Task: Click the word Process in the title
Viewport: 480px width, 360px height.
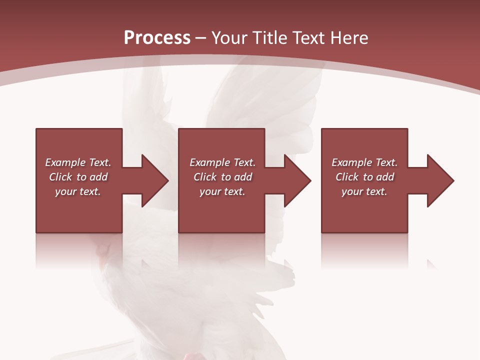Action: [x=157, y=38]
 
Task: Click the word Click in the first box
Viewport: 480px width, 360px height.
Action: [x=61, y=177]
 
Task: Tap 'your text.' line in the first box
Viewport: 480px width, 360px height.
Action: [x=77, y=191]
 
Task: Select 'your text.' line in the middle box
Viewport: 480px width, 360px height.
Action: [x=222, y=191]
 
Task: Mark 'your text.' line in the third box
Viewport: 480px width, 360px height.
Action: [x=364, y=191]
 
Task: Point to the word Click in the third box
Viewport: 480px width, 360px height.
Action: [x=347, y=177]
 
